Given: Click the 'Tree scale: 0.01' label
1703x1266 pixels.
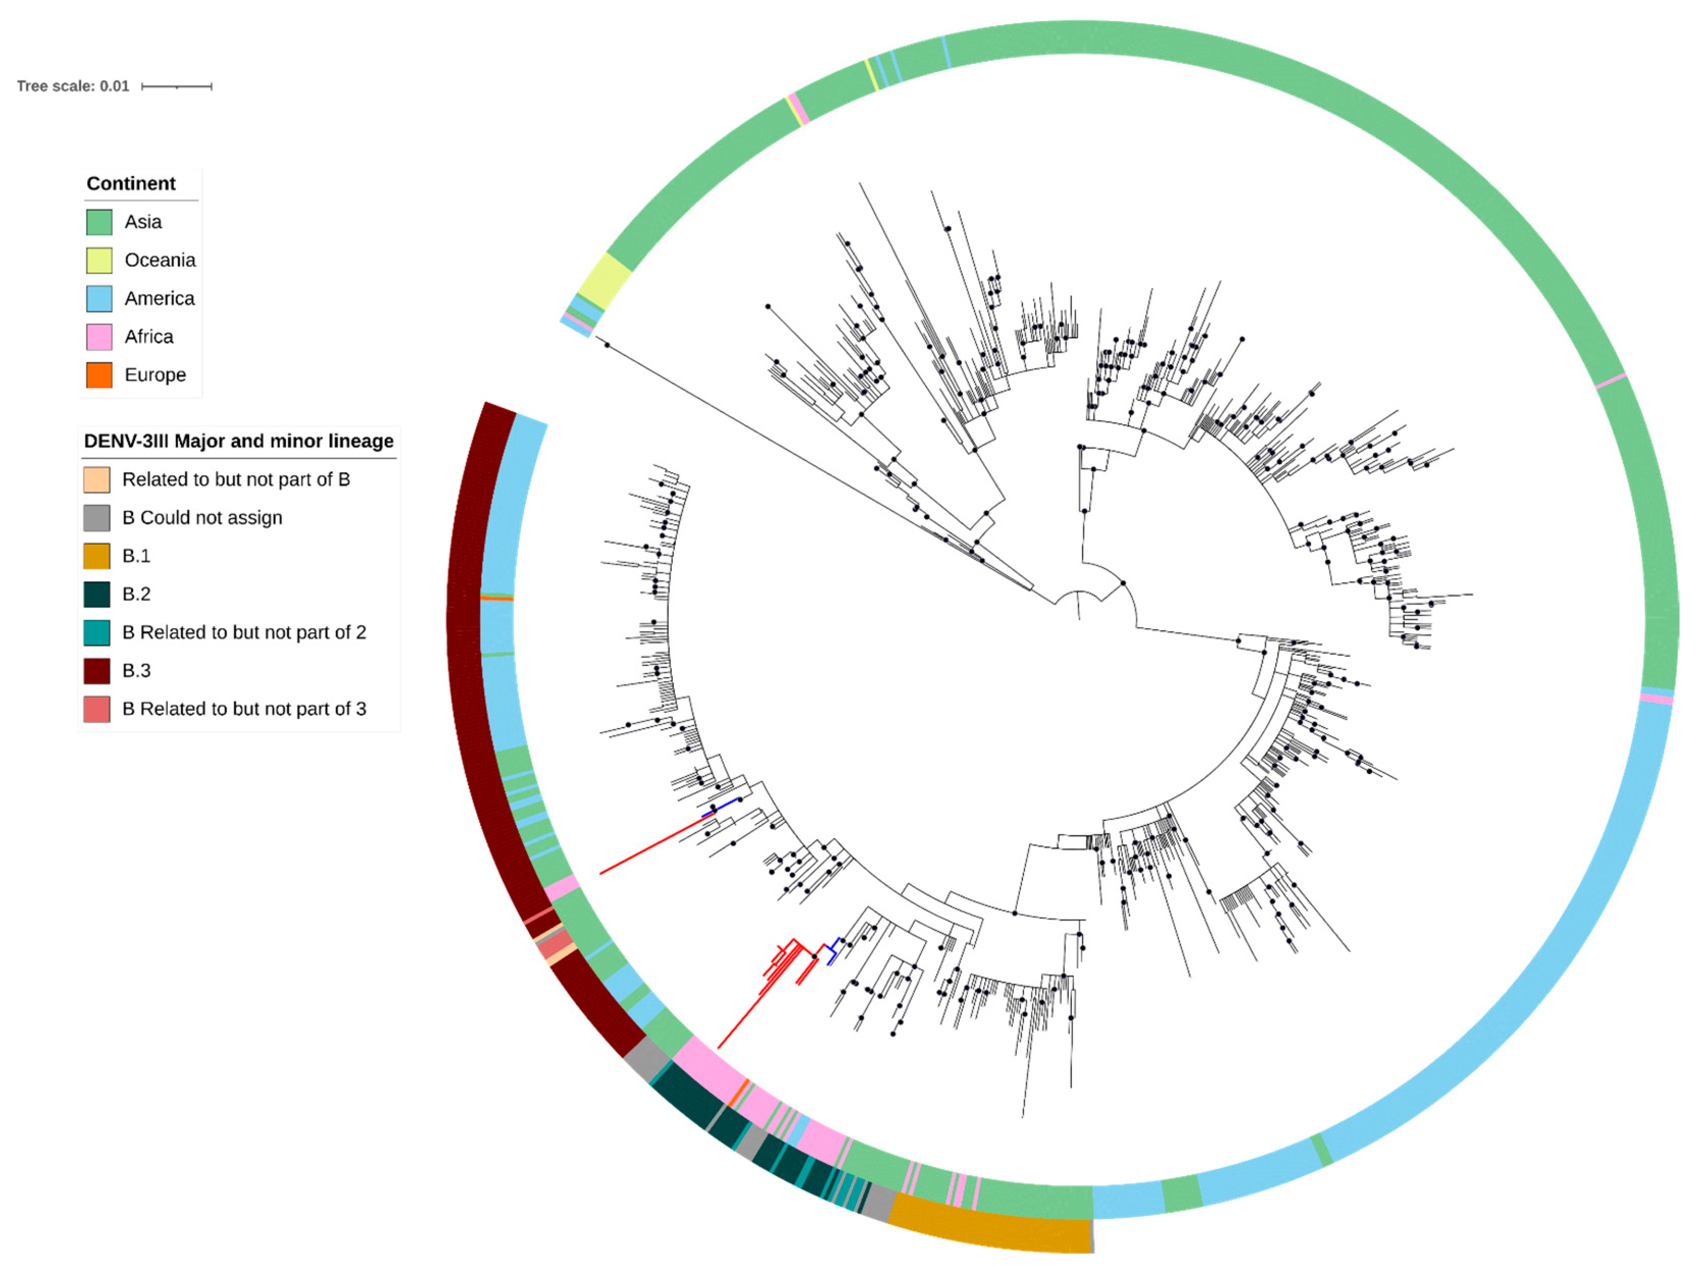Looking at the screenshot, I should click(73, 86).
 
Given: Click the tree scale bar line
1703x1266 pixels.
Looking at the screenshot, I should click(176, 87).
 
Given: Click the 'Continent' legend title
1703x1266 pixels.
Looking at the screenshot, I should click(131, 184).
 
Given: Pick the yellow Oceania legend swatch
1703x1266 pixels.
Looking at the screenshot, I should click(99, 261).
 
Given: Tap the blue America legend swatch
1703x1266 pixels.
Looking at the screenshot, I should click(99, 299).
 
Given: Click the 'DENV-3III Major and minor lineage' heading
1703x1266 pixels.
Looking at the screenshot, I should click(238, 441).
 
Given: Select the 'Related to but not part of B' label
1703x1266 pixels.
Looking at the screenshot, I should click(236, 480).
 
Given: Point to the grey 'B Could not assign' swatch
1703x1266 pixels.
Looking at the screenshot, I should click(97, 518).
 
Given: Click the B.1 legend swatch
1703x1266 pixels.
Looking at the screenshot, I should click(97, 556).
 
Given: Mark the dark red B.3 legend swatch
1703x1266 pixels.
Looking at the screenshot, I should click(97, 671).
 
